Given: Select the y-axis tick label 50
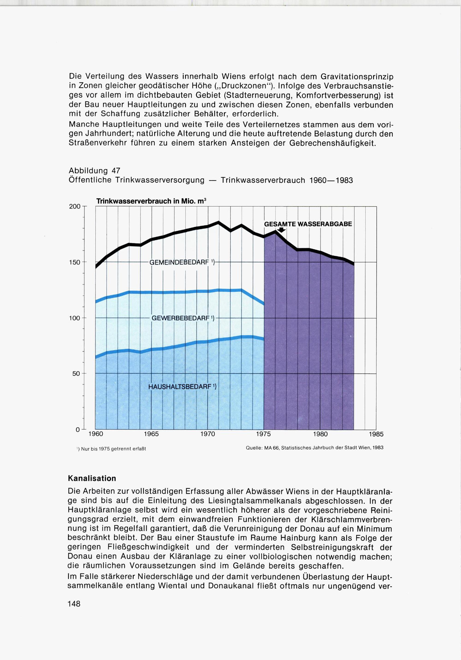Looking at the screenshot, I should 77,374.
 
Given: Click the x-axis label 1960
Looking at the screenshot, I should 95,434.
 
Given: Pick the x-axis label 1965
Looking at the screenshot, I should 151,434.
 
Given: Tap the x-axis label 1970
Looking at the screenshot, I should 207,434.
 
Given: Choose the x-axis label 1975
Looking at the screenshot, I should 263,434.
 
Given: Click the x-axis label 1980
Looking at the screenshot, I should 320,434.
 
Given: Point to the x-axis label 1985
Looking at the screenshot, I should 376,434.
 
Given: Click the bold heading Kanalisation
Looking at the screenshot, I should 92,479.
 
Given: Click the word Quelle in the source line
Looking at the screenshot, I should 253,448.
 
